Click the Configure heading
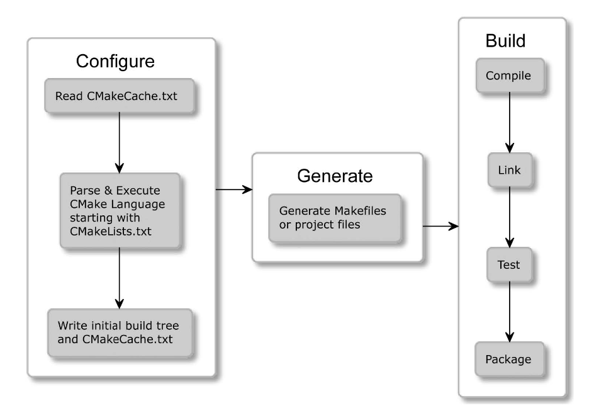[x=115, y=61]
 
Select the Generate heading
[x=335, y=176]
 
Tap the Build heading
[x=505, y=41]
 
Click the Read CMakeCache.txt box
[x=119, y=96]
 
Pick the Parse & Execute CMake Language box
[x=120, y=211]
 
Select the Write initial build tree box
[x=120, y=332]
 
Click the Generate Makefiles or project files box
[x=335, y=218]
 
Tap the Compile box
[x=510, y=76]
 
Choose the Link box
[x=510, y=170]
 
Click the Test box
[x=509, y=264]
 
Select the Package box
[x=509, y=359]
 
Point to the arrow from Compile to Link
[x=510, y=122]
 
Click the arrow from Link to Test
[x=510, y=217]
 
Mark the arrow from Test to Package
[x=510, y=312]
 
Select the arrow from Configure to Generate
[x=234, y=189]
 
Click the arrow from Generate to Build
[x=440, y=226]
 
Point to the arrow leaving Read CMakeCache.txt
[x=120, y=143]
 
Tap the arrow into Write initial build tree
[x=120, y=278]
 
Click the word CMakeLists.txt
[x=111, y=231]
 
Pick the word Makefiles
[x=360, y=211]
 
